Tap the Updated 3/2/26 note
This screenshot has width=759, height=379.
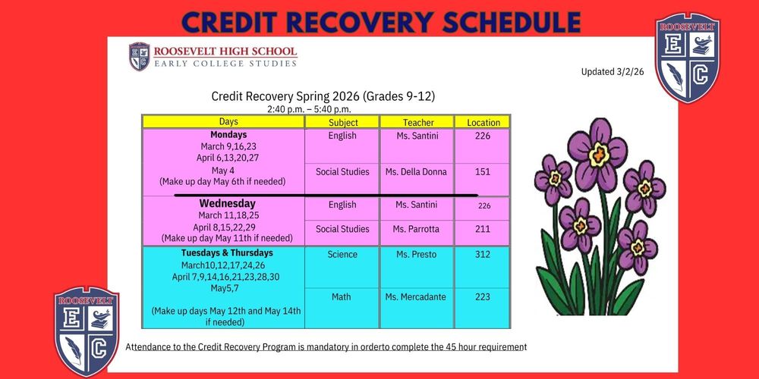pyautogui.click(x=613, y=72)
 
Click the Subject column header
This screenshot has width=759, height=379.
pyautogui.click(x=343, y=123)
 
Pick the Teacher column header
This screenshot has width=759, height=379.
pyautogui.click(x=416, y=123)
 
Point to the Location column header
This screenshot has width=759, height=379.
pyautogui.click(x=483, y=123)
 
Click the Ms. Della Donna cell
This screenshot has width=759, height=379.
pyautogui.click(x=416, y=172)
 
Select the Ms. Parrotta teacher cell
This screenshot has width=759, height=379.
pyautogui.click(x=416, y=229)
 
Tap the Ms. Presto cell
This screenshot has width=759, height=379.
pyautogui.click(x=416, y=255)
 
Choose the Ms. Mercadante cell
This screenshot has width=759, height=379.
pyautogui.click(x=416, y=297)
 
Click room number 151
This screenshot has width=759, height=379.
pyautogui.click(x=483, y=172)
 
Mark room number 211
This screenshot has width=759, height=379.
pyautogui.click(x=483, y=229)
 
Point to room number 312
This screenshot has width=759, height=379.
pyautogui.click(x=483, y=255)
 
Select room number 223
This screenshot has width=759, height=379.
pyautogui.click(x=483, y=297)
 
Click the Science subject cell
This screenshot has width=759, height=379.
pyautogui.click(x=342, y=255)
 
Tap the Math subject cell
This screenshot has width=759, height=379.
pyautogui.click(x=342, y=297)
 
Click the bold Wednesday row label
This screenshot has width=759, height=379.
pyautogui.click(x=227, y=204)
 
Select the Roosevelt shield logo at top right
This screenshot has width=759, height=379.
pyautogui.click(x=687, y=58)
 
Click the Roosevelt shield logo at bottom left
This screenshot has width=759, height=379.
pyautogui.click(x=86, y=330)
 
